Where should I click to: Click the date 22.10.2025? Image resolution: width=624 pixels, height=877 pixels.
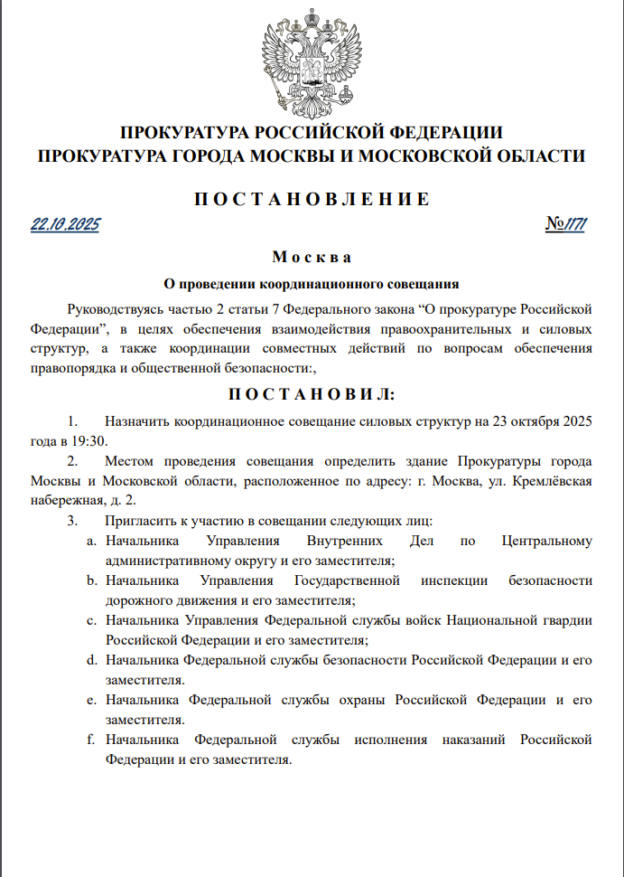coord(64,224)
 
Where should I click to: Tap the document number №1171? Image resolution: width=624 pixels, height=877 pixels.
coord(566,224)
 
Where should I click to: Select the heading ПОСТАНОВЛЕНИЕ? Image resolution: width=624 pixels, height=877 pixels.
coord(312,199)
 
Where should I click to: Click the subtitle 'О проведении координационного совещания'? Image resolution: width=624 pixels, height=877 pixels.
coord(312,282)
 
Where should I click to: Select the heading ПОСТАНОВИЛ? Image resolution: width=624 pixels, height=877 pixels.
coord(312,394)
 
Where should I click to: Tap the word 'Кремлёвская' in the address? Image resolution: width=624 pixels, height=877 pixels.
coord(553,481)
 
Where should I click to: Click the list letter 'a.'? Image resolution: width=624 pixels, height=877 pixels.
coord(91,542)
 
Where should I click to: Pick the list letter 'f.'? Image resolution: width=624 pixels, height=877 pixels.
coord(91,740)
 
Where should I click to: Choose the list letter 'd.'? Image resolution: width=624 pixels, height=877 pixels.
coord(91,661)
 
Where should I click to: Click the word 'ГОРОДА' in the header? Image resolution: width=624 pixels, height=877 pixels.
coord(207,156)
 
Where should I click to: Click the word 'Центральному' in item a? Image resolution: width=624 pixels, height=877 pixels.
coord(546,542)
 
